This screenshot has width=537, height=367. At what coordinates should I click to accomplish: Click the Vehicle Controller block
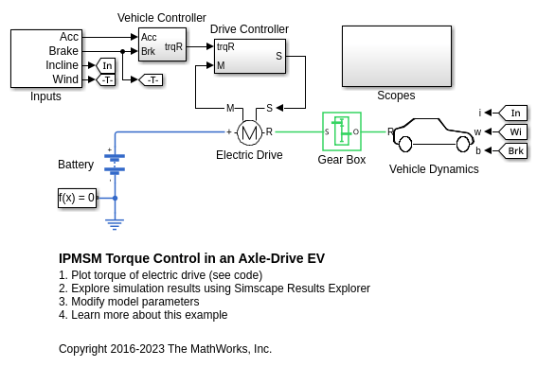162,44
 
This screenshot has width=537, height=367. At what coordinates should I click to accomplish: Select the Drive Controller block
250,56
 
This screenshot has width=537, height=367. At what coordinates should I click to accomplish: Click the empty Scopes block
397,56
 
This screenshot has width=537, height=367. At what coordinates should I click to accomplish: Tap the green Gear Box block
342,131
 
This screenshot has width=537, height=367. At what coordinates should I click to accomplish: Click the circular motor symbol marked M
249,132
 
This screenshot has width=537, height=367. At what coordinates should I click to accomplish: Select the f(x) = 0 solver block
77,198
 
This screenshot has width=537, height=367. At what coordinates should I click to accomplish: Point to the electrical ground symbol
115,224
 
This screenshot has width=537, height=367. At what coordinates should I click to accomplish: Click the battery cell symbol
115,163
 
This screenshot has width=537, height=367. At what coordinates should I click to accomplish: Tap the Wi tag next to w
512,131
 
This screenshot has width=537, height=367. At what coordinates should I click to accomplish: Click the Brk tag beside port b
512,150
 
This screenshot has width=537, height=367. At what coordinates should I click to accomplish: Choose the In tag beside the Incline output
105,65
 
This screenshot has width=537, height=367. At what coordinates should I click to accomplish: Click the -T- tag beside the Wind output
105,80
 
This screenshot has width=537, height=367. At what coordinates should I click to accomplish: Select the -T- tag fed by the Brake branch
151,80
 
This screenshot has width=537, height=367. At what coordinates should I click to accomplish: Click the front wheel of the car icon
463,144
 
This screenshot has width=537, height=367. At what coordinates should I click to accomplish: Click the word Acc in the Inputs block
69,37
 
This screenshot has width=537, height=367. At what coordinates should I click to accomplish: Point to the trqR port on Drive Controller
225,46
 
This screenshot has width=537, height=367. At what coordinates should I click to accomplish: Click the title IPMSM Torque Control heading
191,258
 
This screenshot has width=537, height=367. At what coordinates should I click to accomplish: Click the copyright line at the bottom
165,349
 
